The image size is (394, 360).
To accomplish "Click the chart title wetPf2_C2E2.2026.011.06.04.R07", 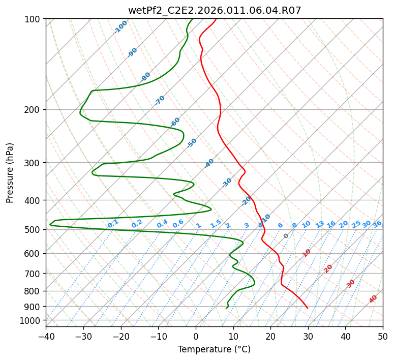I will click(215, 10).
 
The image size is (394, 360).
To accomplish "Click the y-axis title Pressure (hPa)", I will click(10, 173).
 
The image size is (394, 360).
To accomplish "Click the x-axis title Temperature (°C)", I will click(214, 350).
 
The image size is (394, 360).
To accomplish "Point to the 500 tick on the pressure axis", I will click(34, 230).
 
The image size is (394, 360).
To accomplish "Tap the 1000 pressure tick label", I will click(32, 321).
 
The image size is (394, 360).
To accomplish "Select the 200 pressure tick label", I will click(34, 110).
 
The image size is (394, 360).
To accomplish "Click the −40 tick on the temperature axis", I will click(46, 336).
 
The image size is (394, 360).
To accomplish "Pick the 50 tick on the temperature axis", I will click(383, 336).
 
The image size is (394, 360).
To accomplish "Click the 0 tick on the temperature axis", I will click(196, 336).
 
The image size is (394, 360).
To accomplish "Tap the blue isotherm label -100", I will click(121, 27).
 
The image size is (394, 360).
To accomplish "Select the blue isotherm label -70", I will click(160, 100).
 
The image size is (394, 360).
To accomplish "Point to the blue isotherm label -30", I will click(227, 182).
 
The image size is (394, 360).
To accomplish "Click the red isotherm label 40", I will click(373, 299).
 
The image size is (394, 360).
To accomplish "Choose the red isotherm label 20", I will click(328, 268).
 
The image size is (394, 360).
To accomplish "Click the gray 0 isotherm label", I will click(286, 236).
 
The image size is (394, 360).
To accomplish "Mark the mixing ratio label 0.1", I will click(113, 223).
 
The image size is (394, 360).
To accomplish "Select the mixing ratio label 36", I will click(377, 224).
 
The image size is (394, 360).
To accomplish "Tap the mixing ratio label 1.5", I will click(216, 223).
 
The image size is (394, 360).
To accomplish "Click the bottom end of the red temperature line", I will click(308, 308).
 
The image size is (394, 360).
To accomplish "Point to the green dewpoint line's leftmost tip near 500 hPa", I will click(50, 224).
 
